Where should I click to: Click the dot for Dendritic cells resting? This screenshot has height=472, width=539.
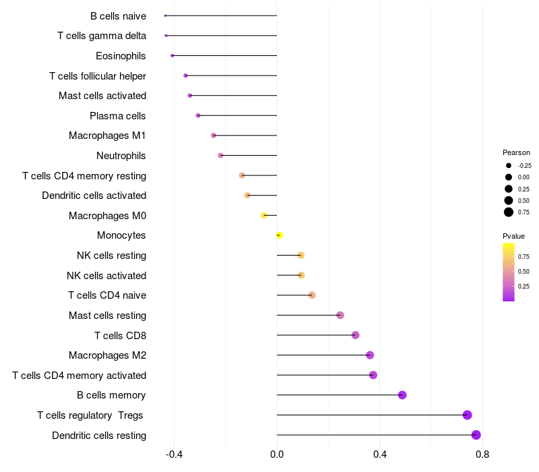(x=476, y=435)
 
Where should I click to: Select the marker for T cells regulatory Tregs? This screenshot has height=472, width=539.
(x=468, y=415)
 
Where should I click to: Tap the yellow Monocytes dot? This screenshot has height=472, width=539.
(x=279, y=235)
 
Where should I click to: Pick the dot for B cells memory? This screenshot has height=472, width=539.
(x=402, y=395)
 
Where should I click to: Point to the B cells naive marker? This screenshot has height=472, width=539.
(x=165, y=16)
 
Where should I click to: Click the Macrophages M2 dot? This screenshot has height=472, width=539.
(x=370, y=355)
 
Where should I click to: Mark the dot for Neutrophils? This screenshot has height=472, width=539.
(x=220, y=156)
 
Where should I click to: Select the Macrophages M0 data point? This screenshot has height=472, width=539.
(x=264, y=216)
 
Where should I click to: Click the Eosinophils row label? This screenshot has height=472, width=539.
(x=121, y=55)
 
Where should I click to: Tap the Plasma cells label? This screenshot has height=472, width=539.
(x=118, y=116)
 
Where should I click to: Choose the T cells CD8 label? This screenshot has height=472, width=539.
(x=120, y=335)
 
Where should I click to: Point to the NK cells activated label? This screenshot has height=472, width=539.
(x=106, y=275)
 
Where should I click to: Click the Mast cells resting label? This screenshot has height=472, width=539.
(x=108, y=316)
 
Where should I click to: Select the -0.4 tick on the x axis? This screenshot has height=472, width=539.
(x=174, y=454)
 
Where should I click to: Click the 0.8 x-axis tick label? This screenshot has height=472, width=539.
(x=482, y=454)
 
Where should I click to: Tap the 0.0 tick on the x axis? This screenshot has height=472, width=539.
(x=277, y=454)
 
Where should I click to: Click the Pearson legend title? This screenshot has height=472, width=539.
(x=516, y=152)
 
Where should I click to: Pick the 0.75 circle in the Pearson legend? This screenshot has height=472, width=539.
(x=509, y=212)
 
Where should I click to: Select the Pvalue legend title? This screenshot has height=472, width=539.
(x=513, y=236)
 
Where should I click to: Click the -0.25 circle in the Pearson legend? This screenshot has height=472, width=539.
(x=509, y=165)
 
